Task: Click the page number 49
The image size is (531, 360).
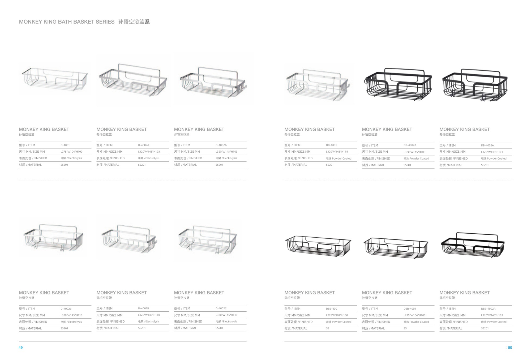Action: tap(21, 348)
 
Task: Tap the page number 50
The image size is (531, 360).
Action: tap(510, 348)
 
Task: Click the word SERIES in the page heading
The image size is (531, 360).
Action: tap(105, 22)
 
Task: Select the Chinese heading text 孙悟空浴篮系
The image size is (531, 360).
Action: tap(134, 22)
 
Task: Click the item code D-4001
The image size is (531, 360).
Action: tap(65, 145)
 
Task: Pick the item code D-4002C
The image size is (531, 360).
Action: tap(221, 308)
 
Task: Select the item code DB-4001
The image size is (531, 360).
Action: tap(331, 145)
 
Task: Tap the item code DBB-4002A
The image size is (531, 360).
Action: tap(488, 309)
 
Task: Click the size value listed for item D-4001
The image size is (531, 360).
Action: tap(71, 152)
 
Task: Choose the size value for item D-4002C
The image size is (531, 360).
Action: tap(226, 315)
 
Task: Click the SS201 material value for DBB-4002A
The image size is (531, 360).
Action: tap(485, 328)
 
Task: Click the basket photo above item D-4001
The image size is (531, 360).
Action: tap(55, 79)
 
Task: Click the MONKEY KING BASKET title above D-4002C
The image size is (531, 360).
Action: tap(199, 293)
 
